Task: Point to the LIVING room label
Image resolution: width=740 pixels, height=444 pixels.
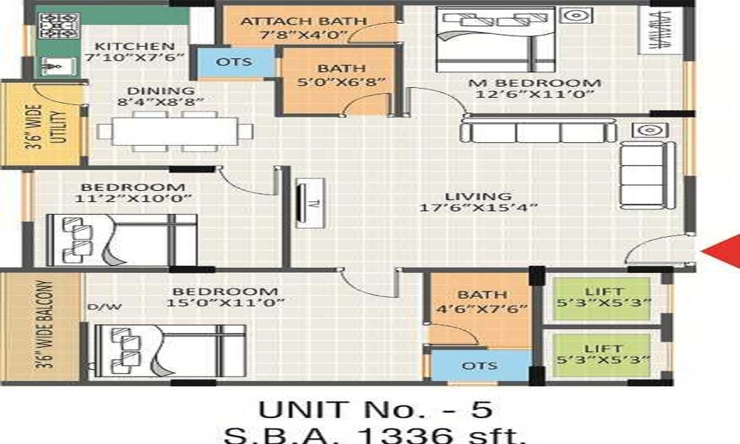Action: [478, 196]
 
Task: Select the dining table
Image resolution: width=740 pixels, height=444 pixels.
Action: [174, 131]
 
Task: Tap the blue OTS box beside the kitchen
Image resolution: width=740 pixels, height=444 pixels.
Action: [234, 62]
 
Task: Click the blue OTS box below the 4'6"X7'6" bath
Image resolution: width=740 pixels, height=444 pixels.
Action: [480, 366]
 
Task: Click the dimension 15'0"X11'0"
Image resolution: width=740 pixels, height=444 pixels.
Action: [221, 304]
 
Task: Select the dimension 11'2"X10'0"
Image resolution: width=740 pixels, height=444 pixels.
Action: [133, 198]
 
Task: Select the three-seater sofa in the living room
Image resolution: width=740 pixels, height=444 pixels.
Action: [537, 132]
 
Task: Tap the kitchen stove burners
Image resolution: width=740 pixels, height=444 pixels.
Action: [55, 26]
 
